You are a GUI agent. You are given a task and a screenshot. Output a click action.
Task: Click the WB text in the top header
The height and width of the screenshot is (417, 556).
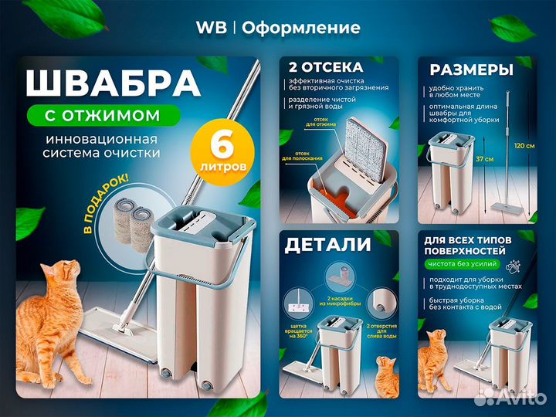pos(211,28)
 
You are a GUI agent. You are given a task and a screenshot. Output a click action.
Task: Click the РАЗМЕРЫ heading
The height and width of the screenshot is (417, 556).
pos(472,70)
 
